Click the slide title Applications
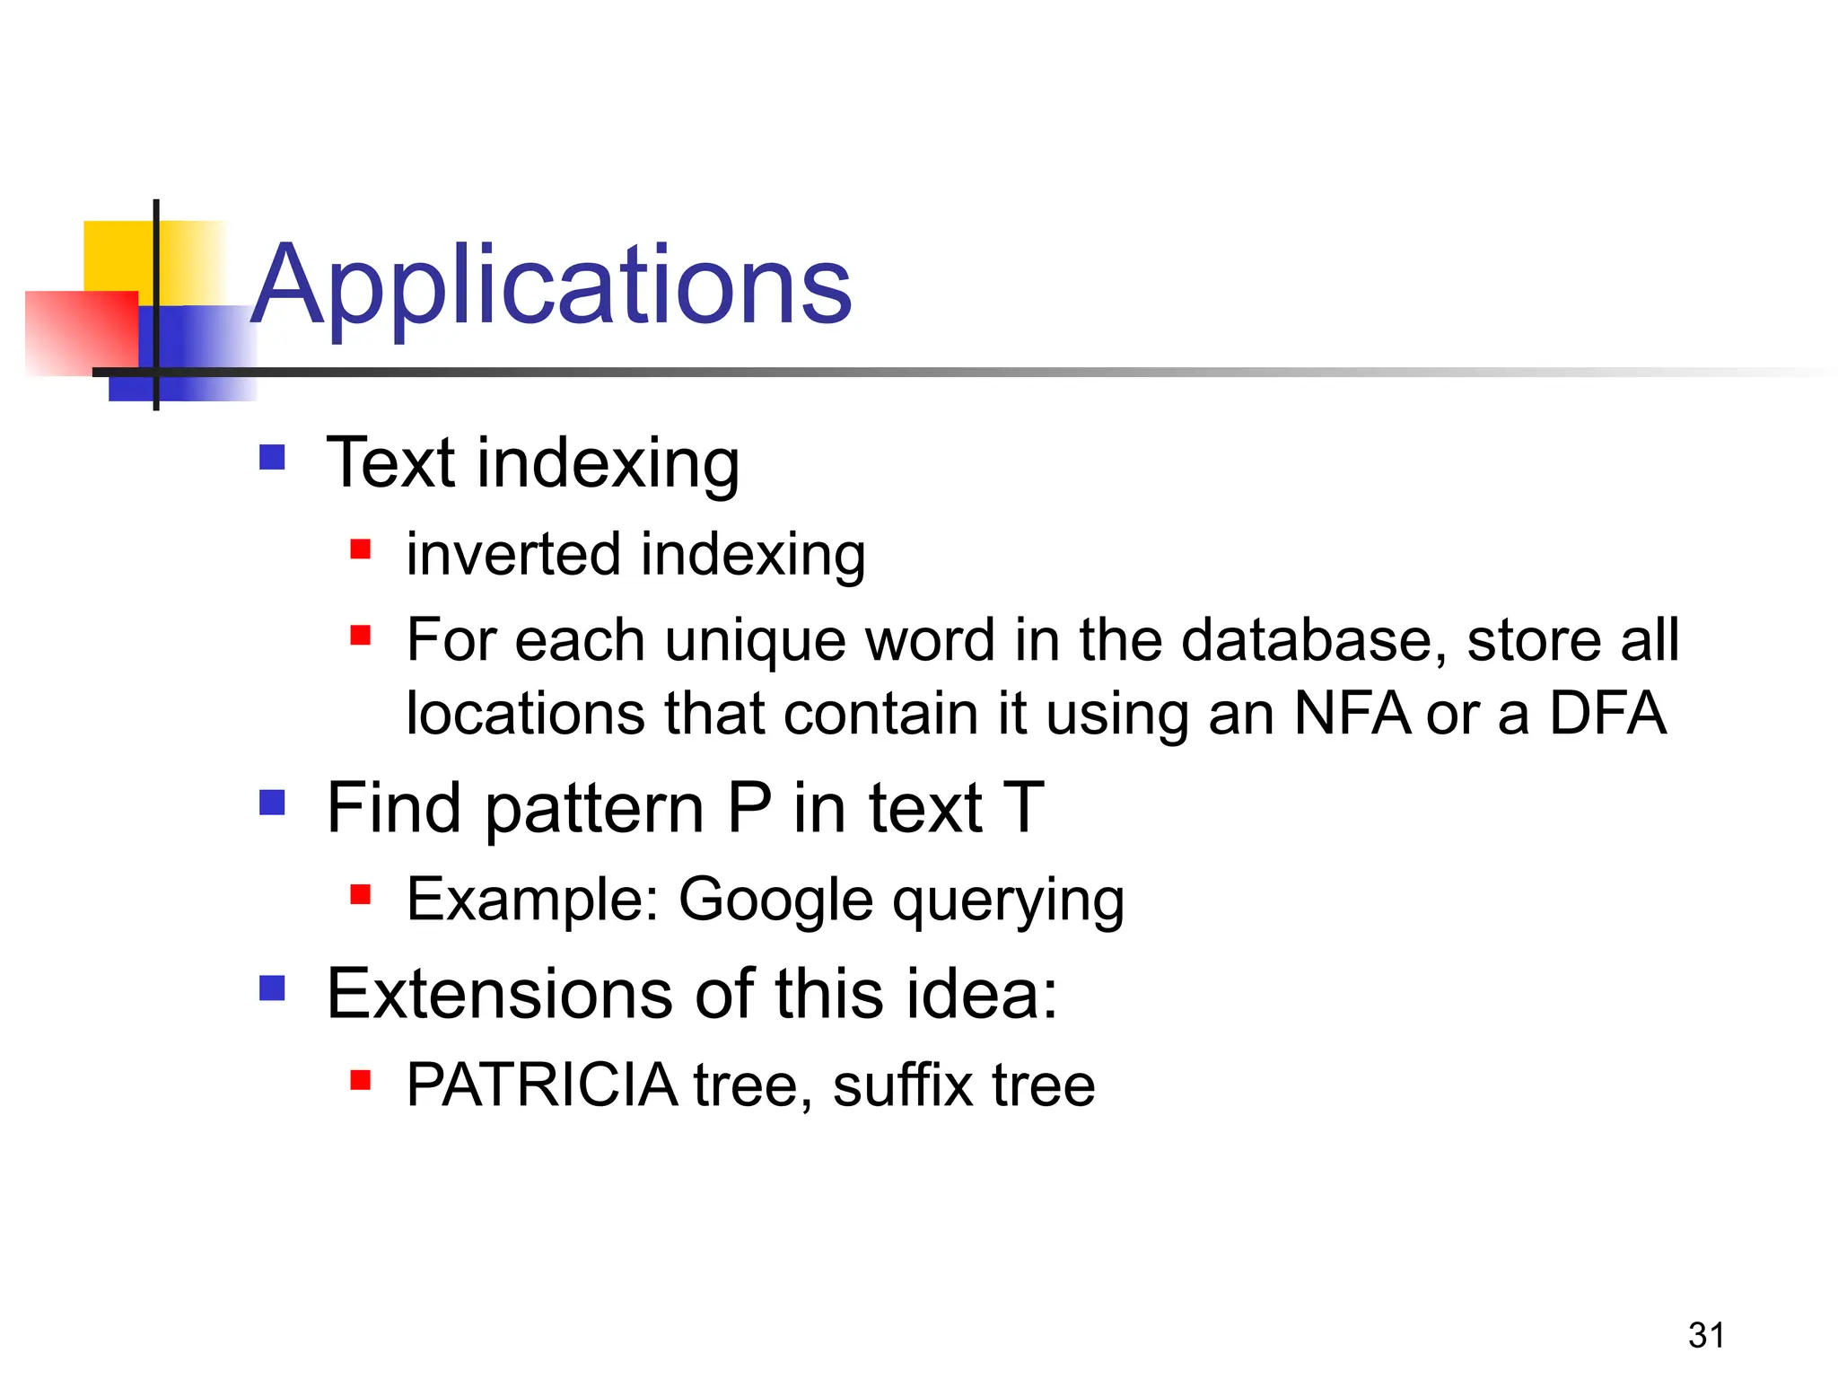[551, 285]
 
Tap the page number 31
[1706, 1335]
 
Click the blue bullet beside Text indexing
[272, 458]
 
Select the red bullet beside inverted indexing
[361, 549]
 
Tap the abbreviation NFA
[1352, 714]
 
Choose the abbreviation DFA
[1607, 714]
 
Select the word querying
[1008, 900]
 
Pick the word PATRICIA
[542, 1085]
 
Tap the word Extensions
[497, 994]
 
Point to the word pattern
[595, 809]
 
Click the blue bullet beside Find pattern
[272, 802]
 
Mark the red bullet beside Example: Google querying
[361, 894]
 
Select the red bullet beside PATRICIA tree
[361, 1079]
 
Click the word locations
[526, 714]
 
